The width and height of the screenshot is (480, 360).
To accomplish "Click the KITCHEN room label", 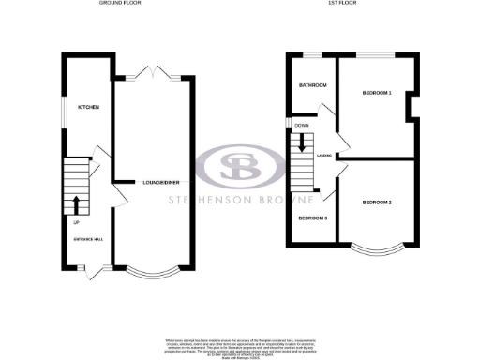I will pyautogui.click(x=89, y=107).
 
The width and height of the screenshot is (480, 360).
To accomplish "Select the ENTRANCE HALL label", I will pyautogui.click(x=87, y=241).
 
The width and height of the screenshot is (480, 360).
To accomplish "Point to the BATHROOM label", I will pyautogui.click(x=313, y=86).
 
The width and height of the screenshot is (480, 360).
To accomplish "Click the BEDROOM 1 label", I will pyautogui.click(x=377, y=92).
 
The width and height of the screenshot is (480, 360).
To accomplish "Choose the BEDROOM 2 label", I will pyautogui.click(x=377, y=202).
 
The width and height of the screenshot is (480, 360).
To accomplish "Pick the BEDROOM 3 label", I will pyautogui.click(x=313, y=218).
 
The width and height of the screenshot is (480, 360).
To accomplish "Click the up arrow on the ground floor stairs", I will pyautogui.click(x=75, y=204).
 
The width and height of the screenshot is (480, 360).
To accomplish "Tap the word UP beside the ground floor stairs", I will pyautogui.click(x=76, y=223).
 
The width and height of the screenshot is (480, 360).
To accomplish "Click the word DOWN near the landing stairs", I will pyautogui.click(x=302, y=125).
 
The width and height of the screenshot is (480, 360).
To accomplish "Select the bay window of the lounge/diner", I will pyautogui.click(x=150, y=273).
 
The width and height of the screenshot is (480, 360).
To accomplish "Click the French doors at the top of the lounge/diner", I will pyautogui.click(x=150, y=71).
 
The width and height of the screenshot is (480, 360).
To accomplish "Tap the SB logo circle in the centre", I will pyautogui.click(x=239, y=169).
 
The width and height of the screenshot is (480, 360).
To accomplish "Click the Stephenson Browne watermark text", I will pyautogui.click(x=239, y=200).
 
